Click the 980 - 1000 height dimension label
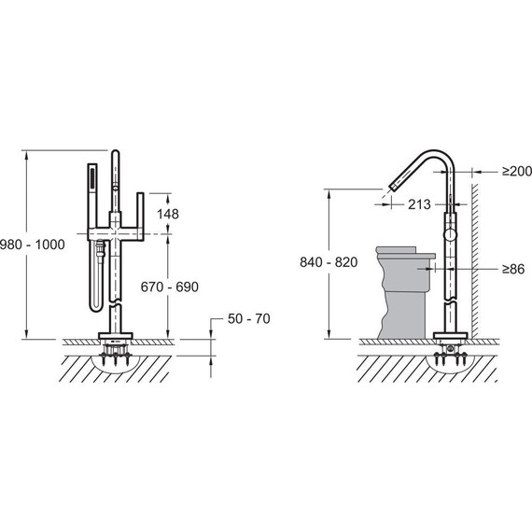click(x=33, y=245)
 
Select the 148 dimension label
click(x=168, y=214)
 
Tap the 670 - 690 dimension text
click(x=170, y=287)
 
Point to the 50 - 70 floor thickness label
click(x=248, y=318)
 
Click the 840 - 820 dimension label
click(x=329, y=262)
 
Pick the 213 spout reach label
click(x=419, y=204)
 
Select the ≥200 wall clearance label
click(x=517, y=172)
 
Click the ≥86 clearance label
click(x=513, y=269)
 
